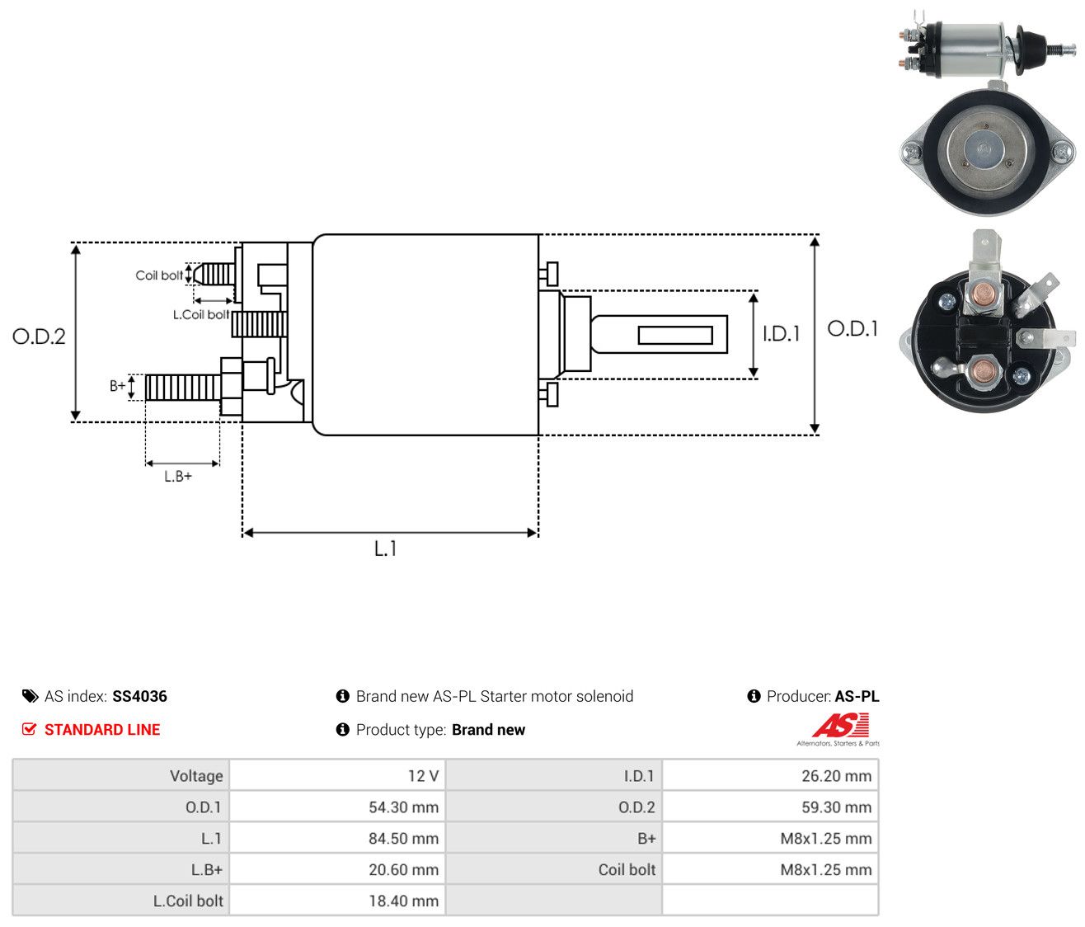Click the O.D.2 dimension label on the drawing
coord(39,336)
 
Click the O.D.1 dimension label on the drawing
coord(852,329)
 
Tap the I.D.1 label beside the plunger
coord(781,333)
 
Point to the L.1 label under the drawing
coord(385,548)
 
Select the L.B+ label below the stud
coord(178,477)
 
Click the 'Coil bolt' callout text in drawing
coord(159,275)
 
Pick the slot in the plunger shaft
coord(675,335)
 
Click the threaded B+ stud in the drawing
coord(183,387)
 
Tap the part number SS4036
coord(139,696)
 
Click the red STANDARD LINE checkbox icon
coord(30,729)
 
